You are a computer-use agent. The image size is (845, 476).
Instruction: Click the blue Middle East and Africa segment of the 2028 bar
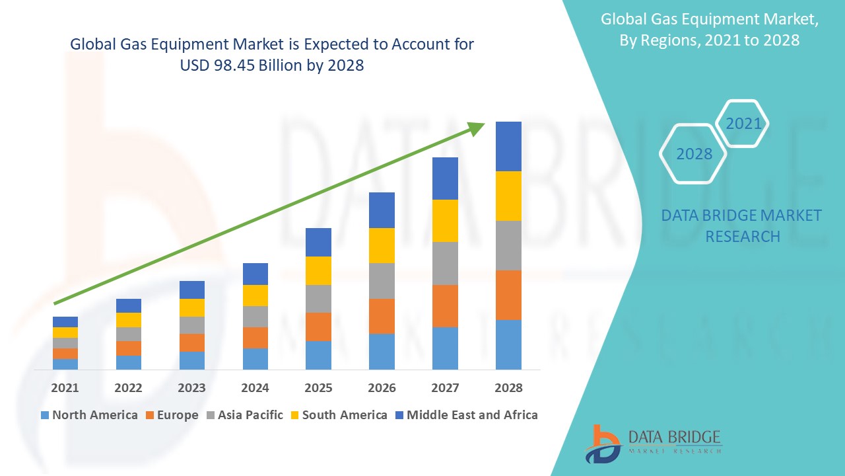click(x=508, y=146)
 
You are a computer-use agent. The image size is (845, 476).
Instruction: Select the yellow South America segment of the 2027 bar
click(x=445, y=220)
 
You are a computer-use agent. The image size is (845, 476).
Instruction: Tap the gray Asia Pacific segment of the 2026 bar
click(x=382, y=280)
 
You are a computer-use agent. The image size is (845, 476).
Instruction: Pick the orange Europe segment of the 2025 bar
click(x=318, y=327)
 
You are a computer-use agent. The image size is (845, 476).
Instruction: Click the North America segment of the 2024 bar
click(x=255, y=358)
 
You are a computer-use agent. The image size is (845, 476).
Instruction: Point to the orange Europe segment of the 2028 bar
click(x=508, y=295)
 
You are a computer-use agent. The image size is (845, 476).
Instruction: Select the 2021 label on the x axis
click(x=65, y=388)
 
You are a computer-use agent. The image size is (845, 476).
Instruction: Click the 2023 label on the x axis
click(x=191, y=388)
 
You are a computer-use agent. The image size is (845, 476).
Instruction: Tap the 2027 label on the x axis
click(x=445, y=388)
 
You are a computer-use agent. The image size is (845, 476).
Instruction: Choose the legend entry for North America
click(x=89, y=415)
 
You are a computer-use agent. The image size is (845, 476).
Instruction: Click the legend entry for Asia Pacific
click(x=244, y=415)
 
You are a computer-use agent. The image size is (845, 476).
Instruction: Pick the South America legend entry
click(x=338, y=415)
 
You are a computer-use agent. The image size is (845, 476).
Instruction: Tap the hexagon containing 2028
click(x=694, y=154)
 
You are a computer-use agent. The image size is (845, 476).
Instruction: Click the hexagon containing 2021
click(x=743, y=124)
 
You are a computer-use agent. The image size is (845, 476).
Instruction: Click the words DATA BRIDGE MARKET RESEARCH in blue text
click(x=742, y=225)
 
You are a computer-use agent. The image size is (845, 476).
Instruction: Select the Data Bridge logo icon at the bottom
click(x=603, y=444)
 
